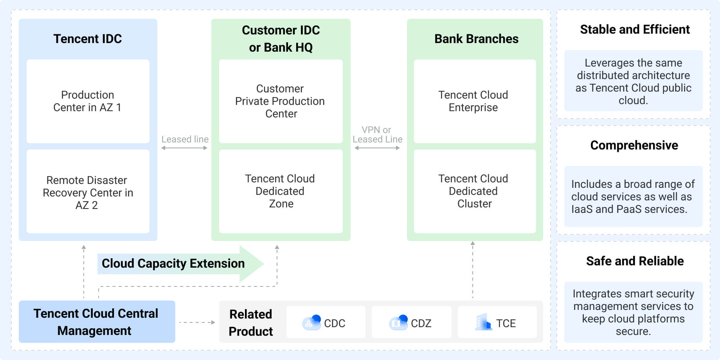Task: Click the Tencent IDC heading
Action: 88,39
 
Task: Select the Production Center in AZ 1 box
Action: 88,101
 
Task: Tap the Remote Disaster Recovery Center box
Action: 88,192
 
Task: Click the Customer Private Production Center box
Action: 281,101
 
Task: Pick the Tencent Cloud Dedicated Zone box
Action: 281,191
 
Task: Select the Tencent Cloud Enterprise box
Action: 474,101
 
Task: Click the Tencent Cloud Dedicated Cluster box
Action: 474,191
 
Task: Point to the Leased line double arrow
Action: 184,148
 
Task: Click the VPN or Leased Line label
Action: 377,135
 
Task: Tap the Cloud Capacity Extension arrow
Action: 180,263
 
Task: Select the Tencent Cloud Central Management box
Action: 97,322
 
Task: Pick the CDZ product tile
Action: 411,323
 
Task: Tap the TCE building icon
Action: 484,322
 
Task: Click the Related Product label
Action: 251,322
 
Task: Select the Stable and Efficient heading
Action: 634,30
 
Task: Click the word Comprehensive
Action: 634,145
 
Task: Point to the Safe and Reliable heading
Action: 634,261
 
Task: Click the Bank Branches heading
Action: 476,39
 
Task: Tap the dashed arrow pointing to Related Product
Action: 197,322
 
